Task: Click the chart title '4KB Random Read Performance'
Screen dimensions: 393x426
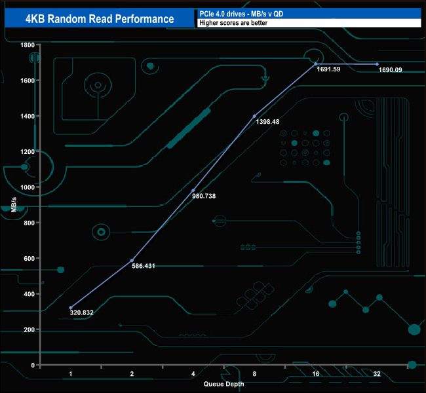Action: (x=100, y=19)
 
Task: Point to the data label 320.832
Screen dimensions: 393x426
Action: (x=81, y=312)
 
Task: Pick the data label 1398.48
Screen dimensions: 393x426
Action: (x=267, y=121)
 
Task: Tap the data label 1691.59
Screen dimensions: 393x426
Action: (x=328, y=69)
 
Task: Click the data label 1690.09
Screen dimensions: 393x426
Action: (x=390, y=69)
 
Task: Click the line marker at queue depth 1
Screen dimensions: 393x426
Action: (x=71, y=308)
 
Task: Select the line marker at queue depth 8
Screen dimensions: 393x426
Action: (x=254, y=116)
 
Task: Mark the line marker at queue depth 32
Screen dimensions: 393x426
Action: (x=377, y=64)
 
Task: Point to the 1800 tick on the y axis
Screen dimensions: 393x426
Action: (x=27, y=45)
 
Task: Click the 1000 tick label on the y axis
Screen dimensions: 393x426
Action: (x=27, y=187)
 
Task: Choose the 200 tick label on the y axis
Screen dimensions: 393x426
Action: (x=29, y=329)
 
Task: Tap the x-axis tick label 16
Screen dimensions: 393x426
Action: (x=315, y=373)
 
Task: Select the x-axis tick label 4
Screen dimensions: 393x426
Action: (x=193, y=373)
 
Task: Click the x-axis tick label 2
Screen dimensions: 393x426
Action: (x=132, y=373)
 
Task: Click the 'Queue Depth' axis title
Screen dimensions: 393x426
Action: (x=223, y=384)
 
